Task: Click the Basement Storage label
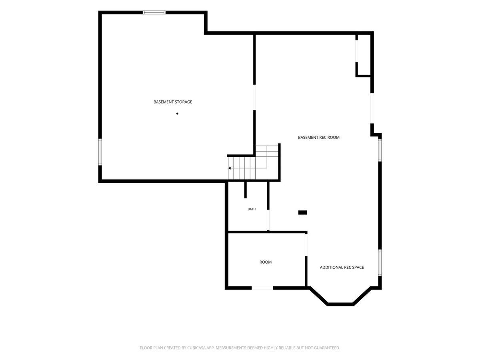[173, 102]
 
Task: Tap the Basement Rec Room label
[319, 138]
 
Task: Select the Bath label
[252, 209]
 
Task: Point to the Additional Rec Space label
[342, 267]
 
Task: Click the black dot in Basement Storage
[177, 114]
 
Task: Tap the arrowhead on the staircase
[229, 168]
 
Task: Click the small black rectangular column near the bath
[302, 212]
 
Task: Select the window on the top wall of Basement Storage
[154, 12]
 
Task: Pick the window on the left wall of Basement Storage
[100, 152]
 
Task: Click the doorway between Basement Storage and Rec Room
[254, 97]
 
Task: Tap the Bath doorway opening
[269, 220]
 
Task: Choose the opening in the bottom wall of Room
[262, 288]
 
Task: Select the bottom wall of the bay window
[340, 304]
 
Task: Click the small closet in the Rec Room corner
[364, 55]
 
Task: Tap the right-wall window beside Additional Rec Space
[380, 262]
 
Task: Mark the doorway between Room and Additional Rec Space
[306, 245]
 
